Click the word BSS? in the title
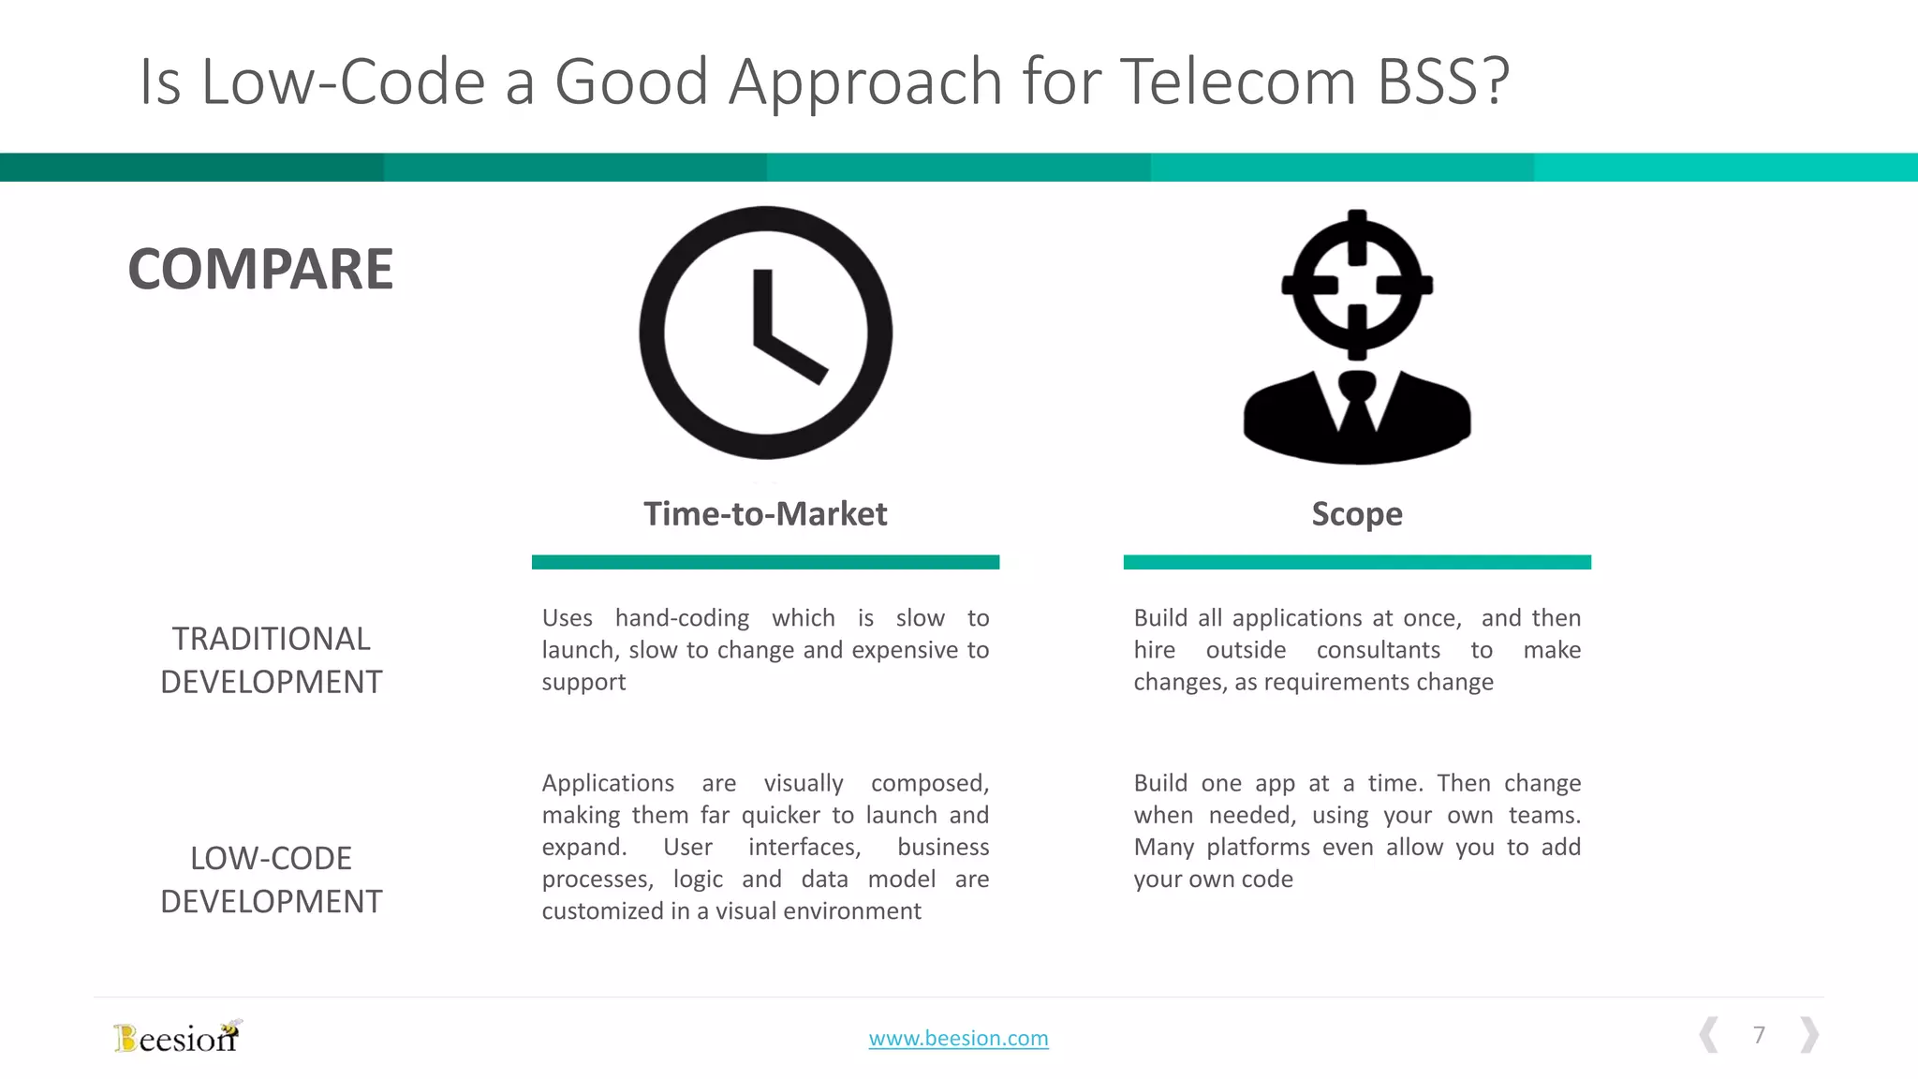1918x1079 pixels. [1442, 81]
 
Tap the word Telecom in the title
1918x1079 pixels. [1238, 81]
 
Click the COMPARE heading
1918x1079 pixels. [260, 270]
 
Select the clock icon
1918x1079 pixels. [765, 333]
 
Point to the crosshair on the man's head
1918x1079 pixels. [1357, 284]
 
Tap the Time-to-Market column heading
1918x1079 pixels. [765, 513]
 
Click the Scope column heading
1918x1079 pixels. [1357, 513]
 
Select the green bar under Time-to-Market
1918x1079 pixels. [765, 562]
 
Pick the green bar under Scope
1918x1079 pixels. [1357, 562]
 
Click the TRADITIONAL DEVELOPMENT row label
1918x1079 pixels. [272, 660]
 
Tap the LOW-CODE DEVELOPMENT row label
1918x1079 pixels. [272, 879]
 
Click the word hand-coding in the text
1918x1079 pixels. [682, 618]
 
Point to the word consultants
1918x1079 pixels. [1378, 650]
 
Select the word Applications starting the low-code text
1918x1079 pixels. [608, 783]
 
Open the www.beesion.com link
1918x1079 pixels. [958, 1038]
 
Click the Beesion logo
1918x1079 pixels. [177, 1037]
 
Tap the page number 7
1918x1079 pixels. [1759, 1035]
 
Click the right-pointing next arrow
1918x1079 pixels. [1809, 1035]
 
